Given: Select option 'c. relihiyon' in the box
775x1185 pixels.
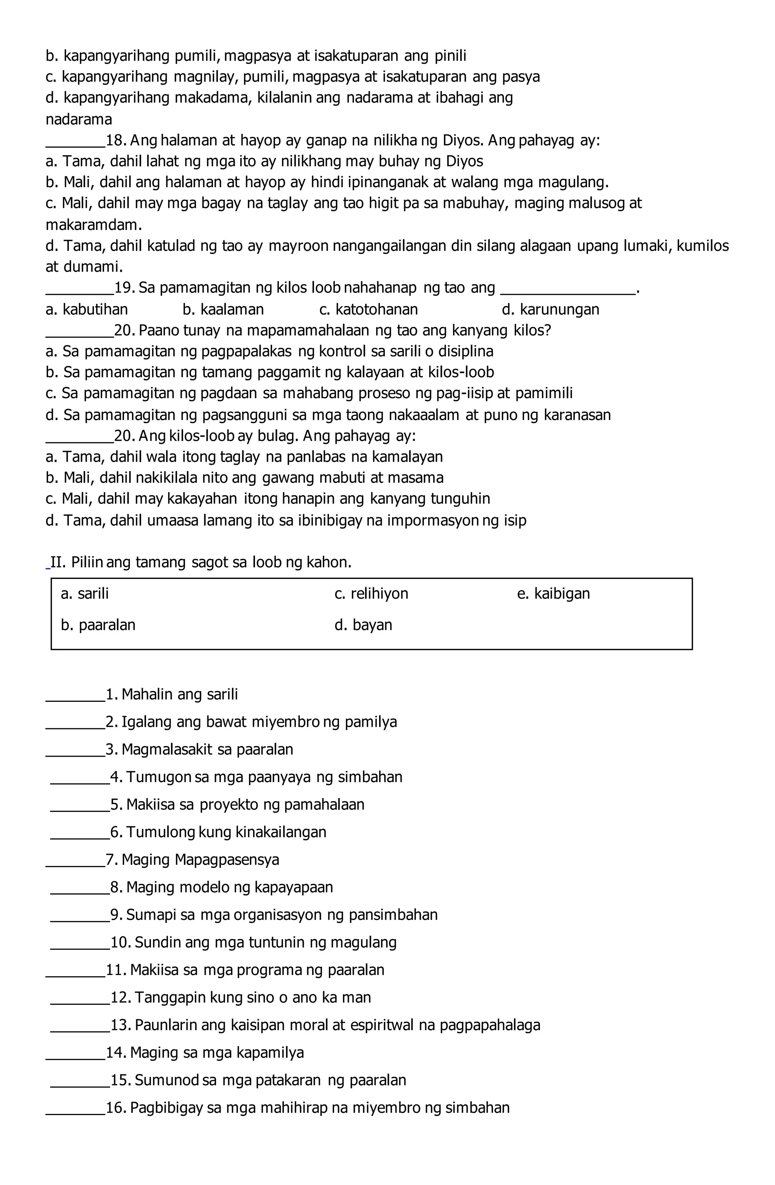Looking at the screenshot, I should click(371, 594).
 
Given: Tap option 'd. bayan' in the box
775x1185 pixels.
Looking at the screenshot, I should click(363, 625).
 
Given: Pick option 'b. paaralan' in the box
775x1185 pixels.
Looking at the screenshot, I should click(98, 625).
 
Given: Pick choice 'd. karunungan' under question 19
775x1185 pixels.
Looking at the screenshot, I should click(550, 310).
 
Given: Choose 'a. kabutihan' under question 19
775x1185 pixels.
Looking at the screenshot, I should click(86, 310).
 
